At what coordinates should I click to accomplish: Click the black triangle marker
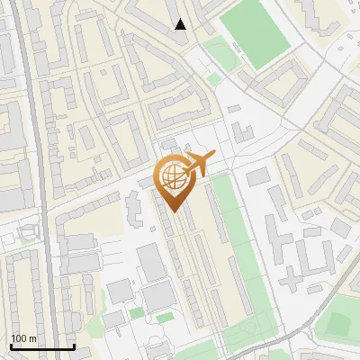coord(181,24)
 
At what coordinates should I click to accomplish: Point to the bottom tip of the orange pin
coord(174,211)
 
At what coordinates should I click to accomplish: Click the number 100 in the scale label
coord(18,338)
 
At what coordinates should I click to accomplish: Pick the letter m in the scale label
coord(31,338)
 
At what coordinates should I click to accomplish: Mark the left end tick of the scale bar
coord(11,346)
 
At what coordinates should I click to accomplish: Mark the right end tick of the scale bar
coord(74,346)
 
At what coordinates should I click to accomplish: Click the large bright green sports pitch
coord(256,33)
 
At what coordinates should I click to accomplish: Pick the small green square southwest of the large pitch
coord(213,79)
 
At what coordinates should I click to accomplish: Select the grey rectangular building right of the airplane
coord(258,176)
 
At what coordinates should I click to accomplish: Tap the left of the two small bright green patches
coord(136,313)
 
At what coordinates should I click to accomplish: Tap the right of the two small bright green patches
coord(165,318)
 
